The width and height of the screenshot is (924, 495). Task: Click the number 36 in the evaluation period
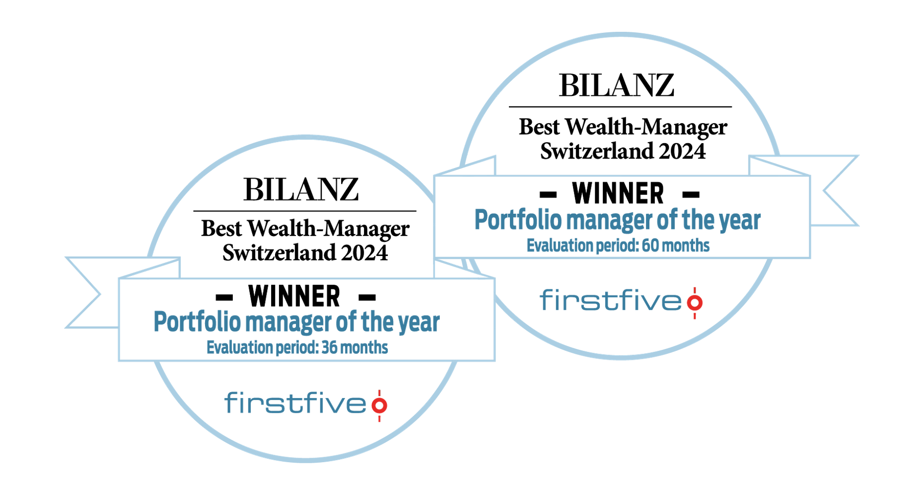click(x=329, y=347)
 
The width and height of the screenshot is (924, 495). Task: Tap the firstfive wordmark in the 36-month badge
click(x=295, y=403)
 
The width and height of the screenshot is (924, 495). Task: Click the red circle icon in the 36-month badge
click(x=379, y=406)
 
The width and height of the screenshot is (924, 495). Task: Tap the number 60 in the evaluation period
click(x=650, y=245)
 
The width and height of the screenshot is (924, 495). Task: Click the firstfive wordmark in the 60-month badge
click(x=611, y=301)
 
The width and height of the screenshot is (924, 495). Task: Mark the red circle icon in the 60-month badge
click(x=695, y=303)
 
